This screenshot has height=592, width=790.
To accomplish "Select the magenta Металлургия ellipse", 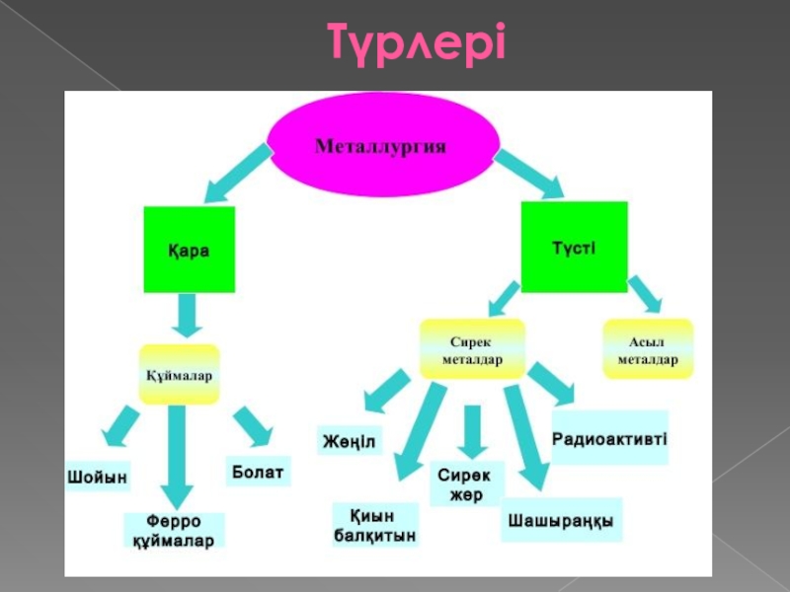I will (381, 146).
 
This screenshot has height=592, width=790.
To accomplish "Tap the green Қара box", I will (190, 250).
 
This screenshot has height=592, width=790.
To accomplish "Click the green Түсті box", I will (574, 247).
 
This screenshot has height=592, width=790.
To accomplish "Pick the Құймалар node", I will (179, 375).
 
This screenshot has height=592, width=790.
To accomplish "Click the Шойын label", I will (98, 476).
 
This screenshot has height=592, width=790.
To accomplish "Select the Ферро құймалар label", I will (174, 531).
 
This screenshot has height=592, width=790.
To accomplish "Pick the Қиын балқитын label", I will (374, 526).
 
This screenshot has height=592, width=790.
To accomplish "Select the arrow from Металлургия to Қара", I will (237, 170).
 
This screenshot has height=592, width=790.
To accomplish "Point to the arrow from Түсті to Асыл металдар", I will (645, 293).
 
